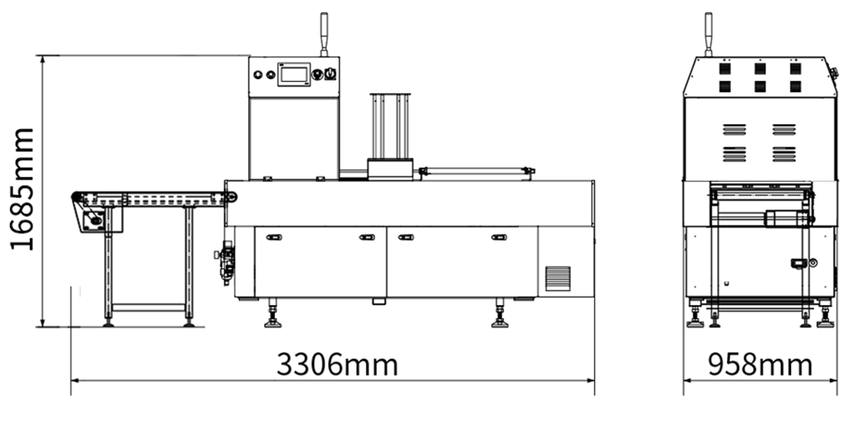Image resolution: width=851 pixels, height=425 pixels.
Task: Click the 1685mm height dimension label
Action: (x=22, y=189)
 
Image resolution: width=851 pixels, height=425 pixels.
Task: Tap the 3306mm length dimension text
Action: (x=338, y=365)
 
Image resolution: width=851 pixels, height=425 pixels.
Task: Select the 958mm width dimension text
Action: (x=760, y=365)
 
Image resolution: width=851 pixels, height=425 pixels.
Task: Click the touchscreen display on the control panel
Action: (x=294, y=74)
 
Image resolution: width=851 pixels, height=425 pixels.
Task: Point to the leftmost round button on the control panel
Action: (x=258, y=75)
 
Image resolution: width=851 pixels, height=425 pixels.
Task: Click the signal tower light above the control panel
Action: (x=324, y=34)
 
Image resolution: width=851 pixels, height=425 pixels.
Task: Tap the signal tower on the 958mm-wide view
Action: (x=709, y=34)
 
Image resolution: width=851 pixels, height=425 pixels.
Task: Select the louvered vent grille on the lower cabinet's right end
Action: (x=558, y=279)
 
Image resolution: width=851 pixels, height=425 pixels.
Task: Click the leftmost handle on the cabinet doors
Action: (x=274, y=237)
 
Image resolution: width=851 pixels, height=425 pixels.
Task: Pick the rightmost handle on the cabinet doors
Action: (x=499, y=237)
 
